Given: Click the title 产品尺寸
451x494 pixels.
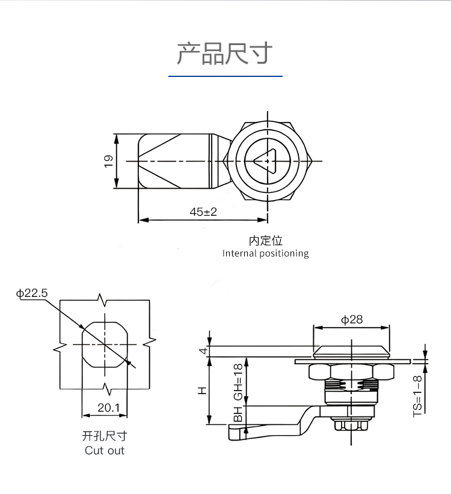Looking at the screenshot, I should pyautogui.click(x=225, y=53).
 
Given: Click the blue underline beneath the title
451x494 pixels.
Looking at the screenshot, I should pyautogui.click(x=225, y=76).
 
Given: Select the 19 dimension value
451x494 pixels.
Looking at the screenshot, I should pyautogui.click(x=109, y=161).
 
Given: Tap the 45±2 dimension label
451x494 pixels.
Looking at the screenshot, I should pyautogui.click(x=203, y=212).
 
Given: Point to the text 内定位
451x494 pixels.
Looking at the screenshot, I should pyautogui.click(x=265, y=240).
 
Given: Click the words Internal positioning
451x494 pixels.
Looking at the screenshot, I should pyautogui.click(x=265, y=253).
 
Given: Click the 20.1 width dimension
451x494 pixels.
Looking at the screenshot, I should pyautogui.click(x=108, y=408).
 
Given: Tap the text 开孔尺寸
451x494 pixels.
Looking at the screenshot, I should pyautogui.click(x=105, y=436).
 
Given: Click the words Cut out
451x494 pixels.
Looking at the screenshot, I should pyautogui.click(x=105, y=450).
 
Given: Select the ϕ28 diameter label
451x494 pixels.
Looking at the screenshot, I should pyautogui.click(x=352, y=320).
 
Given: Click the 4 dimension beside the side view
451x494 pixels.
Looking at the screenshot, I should pyautogui.click(x=203, y=351).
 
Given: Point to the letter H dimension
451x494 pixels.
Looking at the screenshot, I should pyautogui.click(x=202, y=391).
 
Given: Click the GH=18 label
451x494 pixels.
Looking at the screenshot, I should pyautogui.click(x=238, y=382).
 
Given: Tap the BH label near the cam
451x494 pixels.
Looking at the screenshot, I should pyautogui.click(x=238, y=415).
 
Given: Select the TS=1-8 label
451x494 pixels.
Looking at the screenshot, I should pyautogui.click(x=417, y=394).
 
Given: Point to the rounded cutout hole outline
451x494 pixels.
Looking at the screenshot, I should pyautogui.click(x=105, y=344).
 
